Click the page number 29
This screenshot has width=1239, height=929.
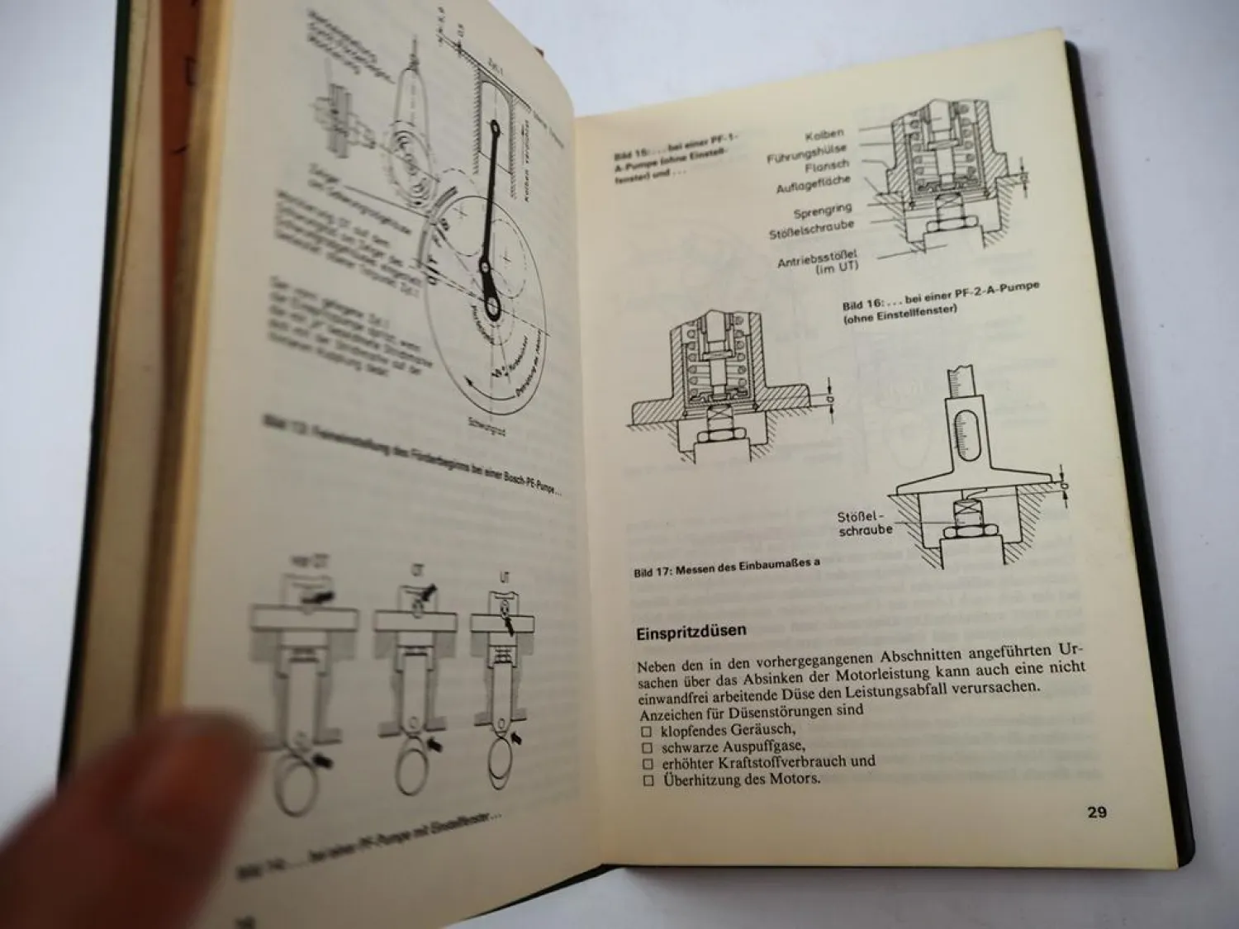[x=1096, y=813]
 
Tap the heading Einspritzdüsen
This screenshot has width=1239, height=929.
[x=691, y=632]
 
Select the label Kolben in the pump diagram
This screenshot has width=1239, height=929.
[x=824, y=134]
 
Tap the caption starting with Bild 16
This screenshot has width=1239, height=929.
[x=941, y=295]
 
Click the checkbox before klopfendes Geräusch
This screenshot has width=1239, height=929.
[x=648, y=732]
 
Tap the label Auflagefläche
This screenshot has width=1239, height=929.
[x=814, y=184]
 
